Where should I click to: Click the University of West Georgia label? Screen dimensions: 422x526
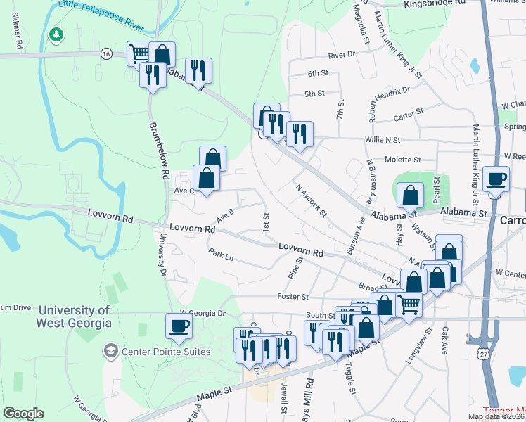pos(75,316)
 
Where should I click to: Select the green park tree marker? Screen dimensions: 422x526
pos(56,34)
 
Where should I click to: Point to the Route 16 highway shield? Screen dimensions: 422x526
pos(106,53)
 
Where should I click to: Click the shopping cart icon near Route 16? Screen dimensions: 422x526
pos(139,53)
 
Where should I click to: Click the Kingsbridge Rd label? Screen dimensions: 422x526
pos(436,4)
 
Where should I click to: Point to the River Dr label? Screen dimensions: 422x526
pos(342,55)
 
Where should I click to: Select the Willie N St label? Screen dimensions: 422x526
pos(383,140)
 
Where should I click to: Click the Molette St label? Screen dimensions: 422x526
pos(402,160)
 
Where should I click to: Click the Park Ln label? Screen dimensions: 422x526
pos(220,254)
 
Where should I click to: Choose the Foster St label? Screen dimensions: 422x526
pos(293,296)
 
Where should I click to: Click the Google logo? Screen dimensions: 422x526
pos(24,413)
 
